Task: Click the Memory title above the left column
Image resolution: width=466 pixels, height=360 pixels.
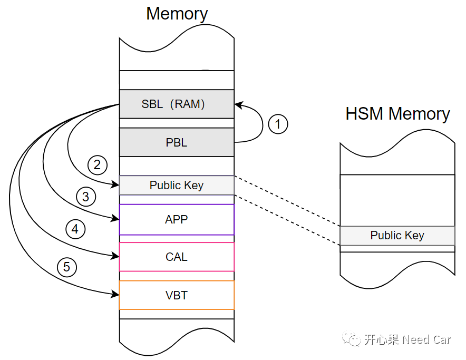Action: (x=177, y=14)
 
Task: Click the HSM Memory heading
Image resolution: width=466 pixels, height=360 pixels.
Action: (x=397, y=114)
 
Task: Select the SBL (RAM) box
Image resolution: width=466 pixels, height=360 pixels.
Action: (x=177, y=104)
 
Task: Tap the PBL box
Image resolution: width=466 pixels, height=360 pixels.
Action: (x=177, y=142)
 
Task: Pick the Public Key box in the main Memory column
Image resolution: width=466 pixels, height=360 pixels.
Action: (x=177, y=185)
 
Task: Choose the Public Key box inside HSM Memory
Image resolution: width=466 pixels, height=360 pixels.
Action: (x=397, y=236)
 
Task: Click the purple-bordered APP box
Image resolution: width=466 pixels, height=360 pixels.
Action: (x=177, y=219)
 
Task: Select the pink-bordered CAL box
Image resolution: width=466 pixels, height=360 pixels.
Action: (x=177, y=257)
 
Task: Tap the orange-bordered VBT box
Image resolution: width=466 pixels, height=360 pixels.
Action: (x=177, y=295)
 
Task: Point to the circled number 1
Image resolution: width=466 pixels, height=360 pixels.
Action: (x=278, y=124)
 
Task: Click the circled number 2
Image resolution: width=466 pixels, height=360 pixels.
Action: (x=97, y=165)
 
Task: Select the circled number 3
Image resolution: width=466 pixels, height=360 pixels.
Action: (x=86, y=197)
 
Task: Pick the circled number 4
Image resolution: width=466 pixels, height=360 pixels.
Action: (x=75, y=229)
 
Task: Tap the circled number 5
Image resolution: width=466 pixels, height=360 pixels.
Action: (x=66, y=267)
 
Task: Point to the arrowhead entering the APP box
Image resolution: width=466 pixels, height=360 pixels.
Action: (x=116, y=217)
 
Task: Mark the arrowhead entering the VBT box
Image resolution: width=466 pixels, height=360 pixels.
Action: (x=116, y=294)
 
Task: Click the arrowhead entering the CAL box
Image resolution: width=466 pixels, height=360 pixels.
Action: (x=116, y=256)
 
